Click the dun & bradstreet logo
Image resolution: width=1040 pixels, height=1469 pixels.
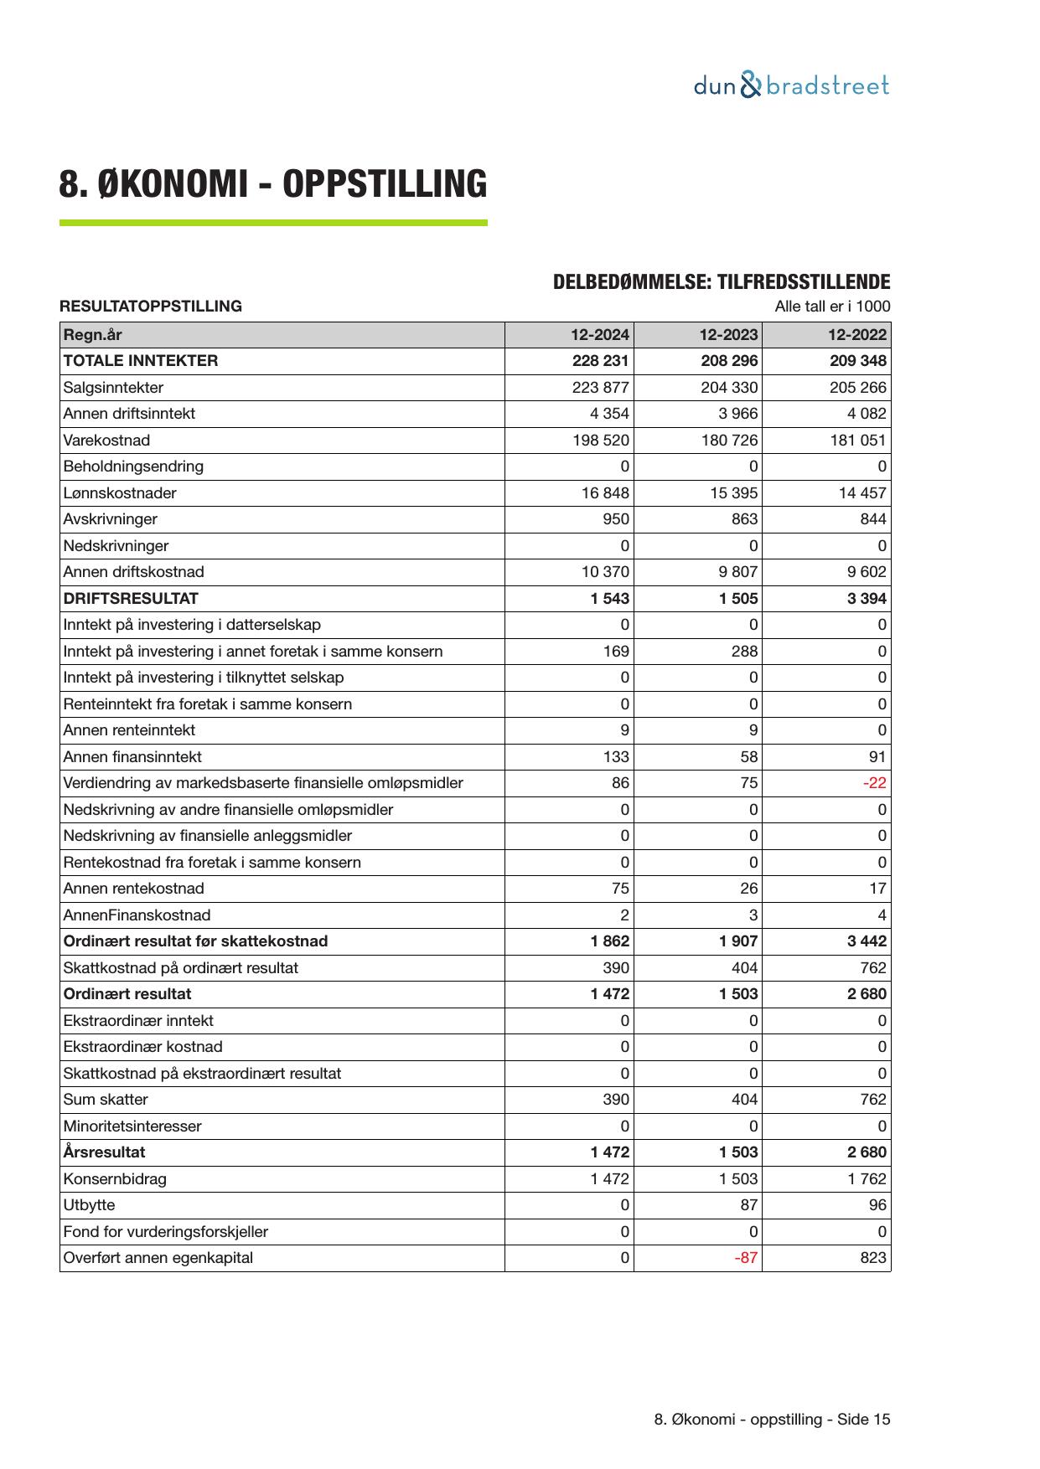791,85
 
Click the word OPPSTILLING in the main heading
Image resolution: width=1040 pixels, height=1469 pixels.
384,184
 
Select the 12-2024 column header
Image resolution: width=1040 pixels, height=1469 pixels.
600,335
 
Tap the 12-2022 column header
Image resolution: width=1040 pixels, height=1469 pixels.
856,335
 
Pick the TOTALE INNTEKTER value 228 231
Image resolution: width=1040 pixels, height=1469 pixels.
600,361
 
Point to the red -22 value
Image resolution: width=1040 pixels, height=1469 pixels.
875,783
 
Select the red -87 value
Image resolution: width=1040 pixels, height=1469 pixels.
746,1258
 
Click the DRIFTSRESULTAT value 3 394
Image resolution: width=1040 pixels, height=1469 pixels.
866,599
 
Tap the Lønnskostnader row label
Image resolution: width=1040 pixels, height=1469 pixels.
120,493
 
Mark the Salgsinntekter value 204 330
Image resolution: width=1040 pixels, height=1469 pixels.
729,388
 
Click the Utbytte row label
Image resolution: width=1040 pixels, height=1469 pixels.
89,1205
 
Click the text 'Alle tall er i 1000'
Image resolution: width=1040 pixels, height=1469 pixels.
832,307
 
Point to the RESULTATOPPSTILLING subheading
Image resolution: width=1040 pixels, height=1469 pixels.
151,307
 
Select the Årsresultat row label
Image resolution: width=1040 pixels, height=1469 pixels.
104,1152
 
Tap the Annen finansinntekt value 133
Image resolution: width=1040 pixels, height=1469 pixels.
616,757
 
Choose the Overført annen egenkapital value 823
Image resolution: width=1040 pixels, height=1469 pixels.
872,1258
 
